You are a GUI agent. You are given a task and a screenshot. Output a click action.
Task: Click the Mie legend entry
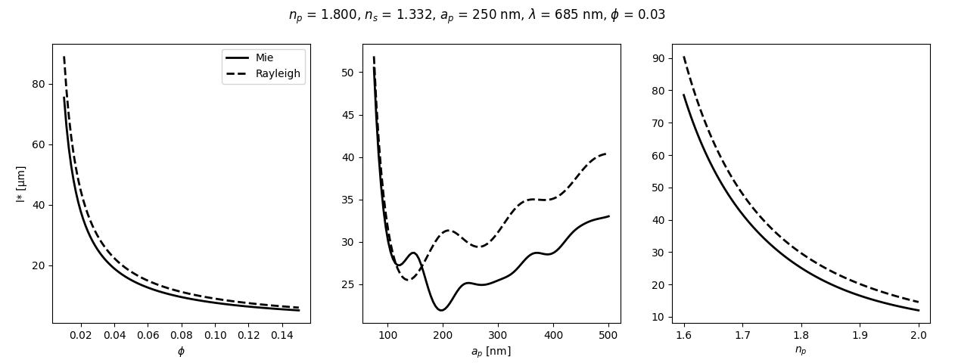264,58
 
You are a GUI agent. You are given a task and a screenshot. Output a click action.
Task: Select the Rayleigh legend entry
278,74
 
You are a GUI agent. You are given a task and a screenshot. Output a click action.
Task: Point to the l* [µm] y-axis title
21,184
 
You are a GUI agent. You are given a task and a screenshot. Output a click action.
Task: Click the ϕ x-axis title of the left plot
181,352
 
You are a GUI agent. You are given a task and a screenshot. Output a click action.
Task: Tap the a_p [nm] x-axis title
491,352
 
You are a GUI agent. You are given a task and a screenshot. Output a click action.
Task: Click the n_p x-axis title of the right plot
801,350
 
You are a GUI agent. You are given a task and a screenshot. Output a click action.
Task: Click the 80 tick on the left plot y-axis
37,84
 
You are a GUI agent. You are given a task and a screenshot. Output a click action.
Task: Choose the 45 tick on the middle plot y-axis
347,115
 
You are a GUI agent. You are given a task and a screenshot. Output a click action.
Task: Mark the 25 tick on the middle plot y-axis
347,285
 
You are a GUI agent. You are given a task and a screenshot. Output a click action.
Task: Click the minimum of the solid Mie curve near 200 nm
441,310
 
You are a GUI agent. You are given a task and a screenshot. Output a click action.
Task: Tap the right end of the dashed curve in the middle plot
605,154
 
